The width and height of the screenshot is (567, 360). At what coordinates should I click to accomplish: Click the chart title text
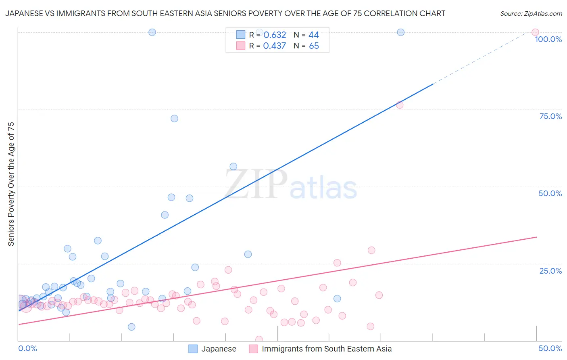(225, 13)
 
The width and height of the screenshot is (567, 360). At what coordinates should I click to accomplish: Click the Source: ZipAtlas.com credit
(531, 13)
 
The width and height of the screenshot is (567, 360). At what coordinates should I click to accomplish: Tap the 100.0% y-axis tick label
(548, 39)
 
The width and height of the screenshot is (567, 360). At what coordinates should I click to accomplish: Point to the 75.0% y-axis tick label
(550, 116)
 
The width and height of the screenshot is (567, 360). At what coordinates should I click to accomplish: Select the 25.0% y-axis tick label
(550, 270)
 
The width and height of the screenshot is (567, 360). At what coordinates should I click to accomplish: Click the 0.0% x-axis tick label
(27, 348)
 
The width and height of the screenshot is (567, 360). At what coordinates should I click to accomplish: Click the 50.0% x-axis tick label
(550, 348)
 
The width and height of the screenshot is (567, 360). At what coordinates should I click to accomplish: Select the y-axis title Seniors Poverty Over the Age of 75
(11, 184)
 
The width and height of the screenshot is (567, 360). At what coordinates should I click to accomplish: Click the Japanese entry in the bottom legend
(219, 349)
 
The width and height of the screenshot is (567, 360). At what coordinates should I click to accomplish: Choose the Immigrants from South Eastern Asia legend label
(327, 349)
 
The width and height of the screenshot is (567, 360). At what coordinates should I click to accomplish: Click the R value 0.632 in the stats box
(275, 35)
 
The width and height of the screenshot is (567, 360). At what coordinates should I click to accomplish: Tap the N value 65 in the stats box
(314, 46)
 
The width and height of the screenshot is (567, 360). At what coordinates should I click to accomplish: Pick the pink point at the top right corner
(535, 32)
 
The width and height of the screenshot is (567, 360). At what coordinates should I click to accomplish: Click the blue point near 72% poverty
(174, 118)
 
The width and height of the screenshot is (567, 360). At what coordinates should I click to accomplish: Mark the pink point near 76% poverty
(400, 105)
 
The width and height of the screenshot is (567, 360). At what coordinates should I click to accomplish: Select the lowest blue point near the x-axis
(131, 327)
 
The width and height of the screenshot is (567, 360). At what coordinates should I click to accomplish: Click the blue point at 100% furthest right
(400, 32)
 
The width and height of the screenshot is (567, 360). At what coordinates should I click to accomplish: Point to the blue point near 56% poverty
(233, 166)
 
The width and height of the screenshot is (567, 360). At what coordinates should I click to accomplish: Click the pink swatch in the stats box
(241, 46)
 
